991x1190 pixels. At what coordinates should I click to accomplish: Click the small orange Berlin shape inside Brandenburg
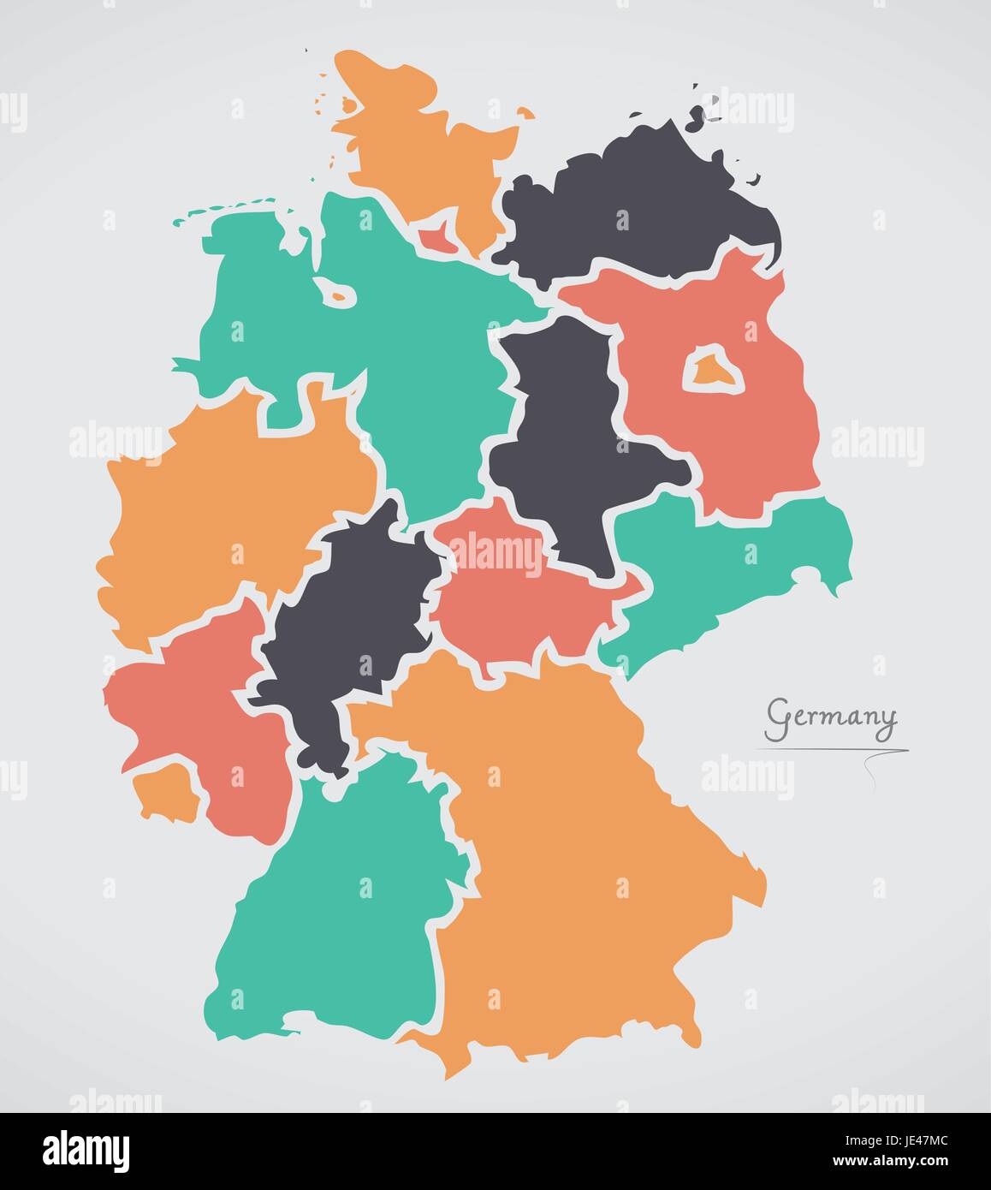point(710,370)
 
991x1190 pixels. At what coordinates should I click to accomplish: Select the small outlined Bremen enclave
point(336,294)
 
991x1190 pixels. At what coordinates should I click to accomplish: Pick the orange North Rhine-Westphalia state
point(231,514)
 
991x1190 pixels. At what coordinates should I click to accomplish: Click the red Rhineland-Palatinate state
point(197,702)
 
